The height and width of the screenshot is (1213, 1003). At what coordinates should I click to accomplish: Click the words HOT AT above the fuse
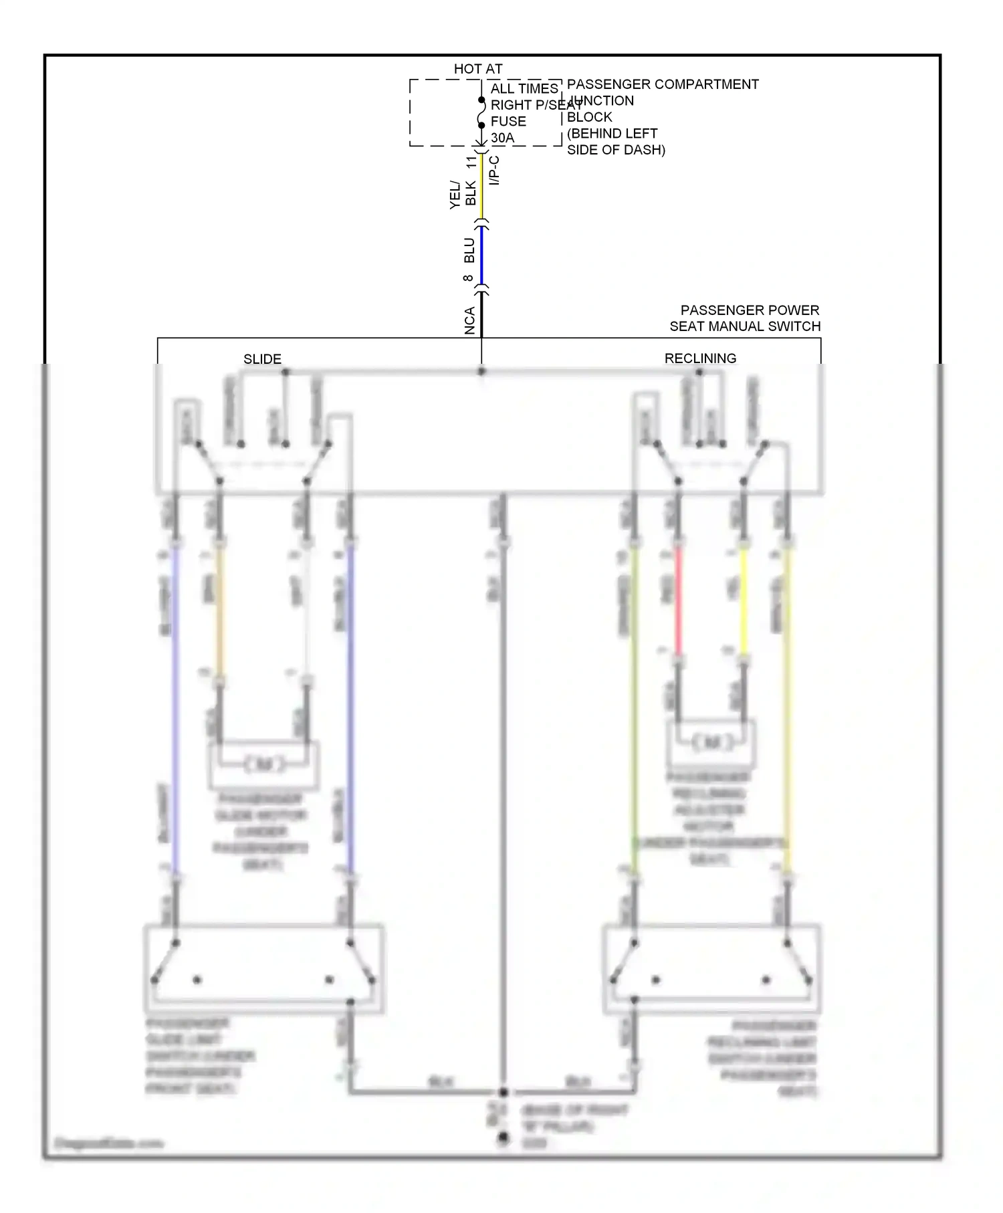(477, 69)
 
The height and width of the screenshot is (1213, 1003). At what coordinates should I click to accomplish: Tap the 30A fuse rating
(502, 138)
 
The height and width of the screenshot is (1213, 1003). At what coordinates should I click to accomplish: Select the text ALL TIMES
(524, 89)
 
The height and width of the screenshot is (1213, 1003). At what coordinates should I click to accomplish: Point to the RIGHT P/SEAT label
(536, 105)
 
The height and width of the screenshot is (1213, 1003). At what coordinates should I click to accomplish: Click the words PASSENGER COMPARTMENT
(662, 84)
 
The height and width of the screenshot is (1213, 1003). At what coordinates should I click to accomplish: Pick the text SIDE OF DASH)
(615, 150)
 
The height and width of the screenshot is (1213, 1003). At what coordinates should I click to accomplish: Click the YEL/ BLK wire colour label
(463, 194)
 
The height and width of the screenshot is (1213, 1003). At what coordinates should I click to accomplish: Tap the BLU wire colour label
(469, 250)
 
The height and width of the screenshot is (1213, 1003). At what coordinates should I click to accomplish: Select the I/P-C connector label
(494, 171)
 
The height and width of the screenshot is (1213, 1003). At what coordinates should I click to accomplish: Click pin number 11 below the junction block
(472, 161)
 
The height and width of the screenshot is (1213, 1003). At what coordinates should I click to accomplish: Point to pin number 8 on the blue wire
(468, 278)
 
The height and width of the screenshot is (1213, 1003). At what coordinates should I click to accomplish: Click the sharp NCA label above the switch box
(469, 320)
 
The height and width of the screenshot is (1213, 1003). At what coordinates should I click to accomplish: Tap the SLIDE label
(262, 359)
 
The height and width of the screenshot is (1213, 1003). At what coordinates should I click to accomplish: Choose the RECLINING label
(700, 358)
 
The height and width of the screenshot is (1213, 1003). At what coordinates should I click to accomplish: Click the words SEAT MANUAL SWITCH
(744, 326)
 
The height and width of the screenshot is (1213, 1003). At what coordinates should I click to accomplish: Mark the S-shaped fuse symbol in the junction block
(481, 113)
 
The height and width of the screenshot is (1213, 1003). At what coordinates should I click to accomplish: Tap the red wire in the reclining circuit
(677, 602)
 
